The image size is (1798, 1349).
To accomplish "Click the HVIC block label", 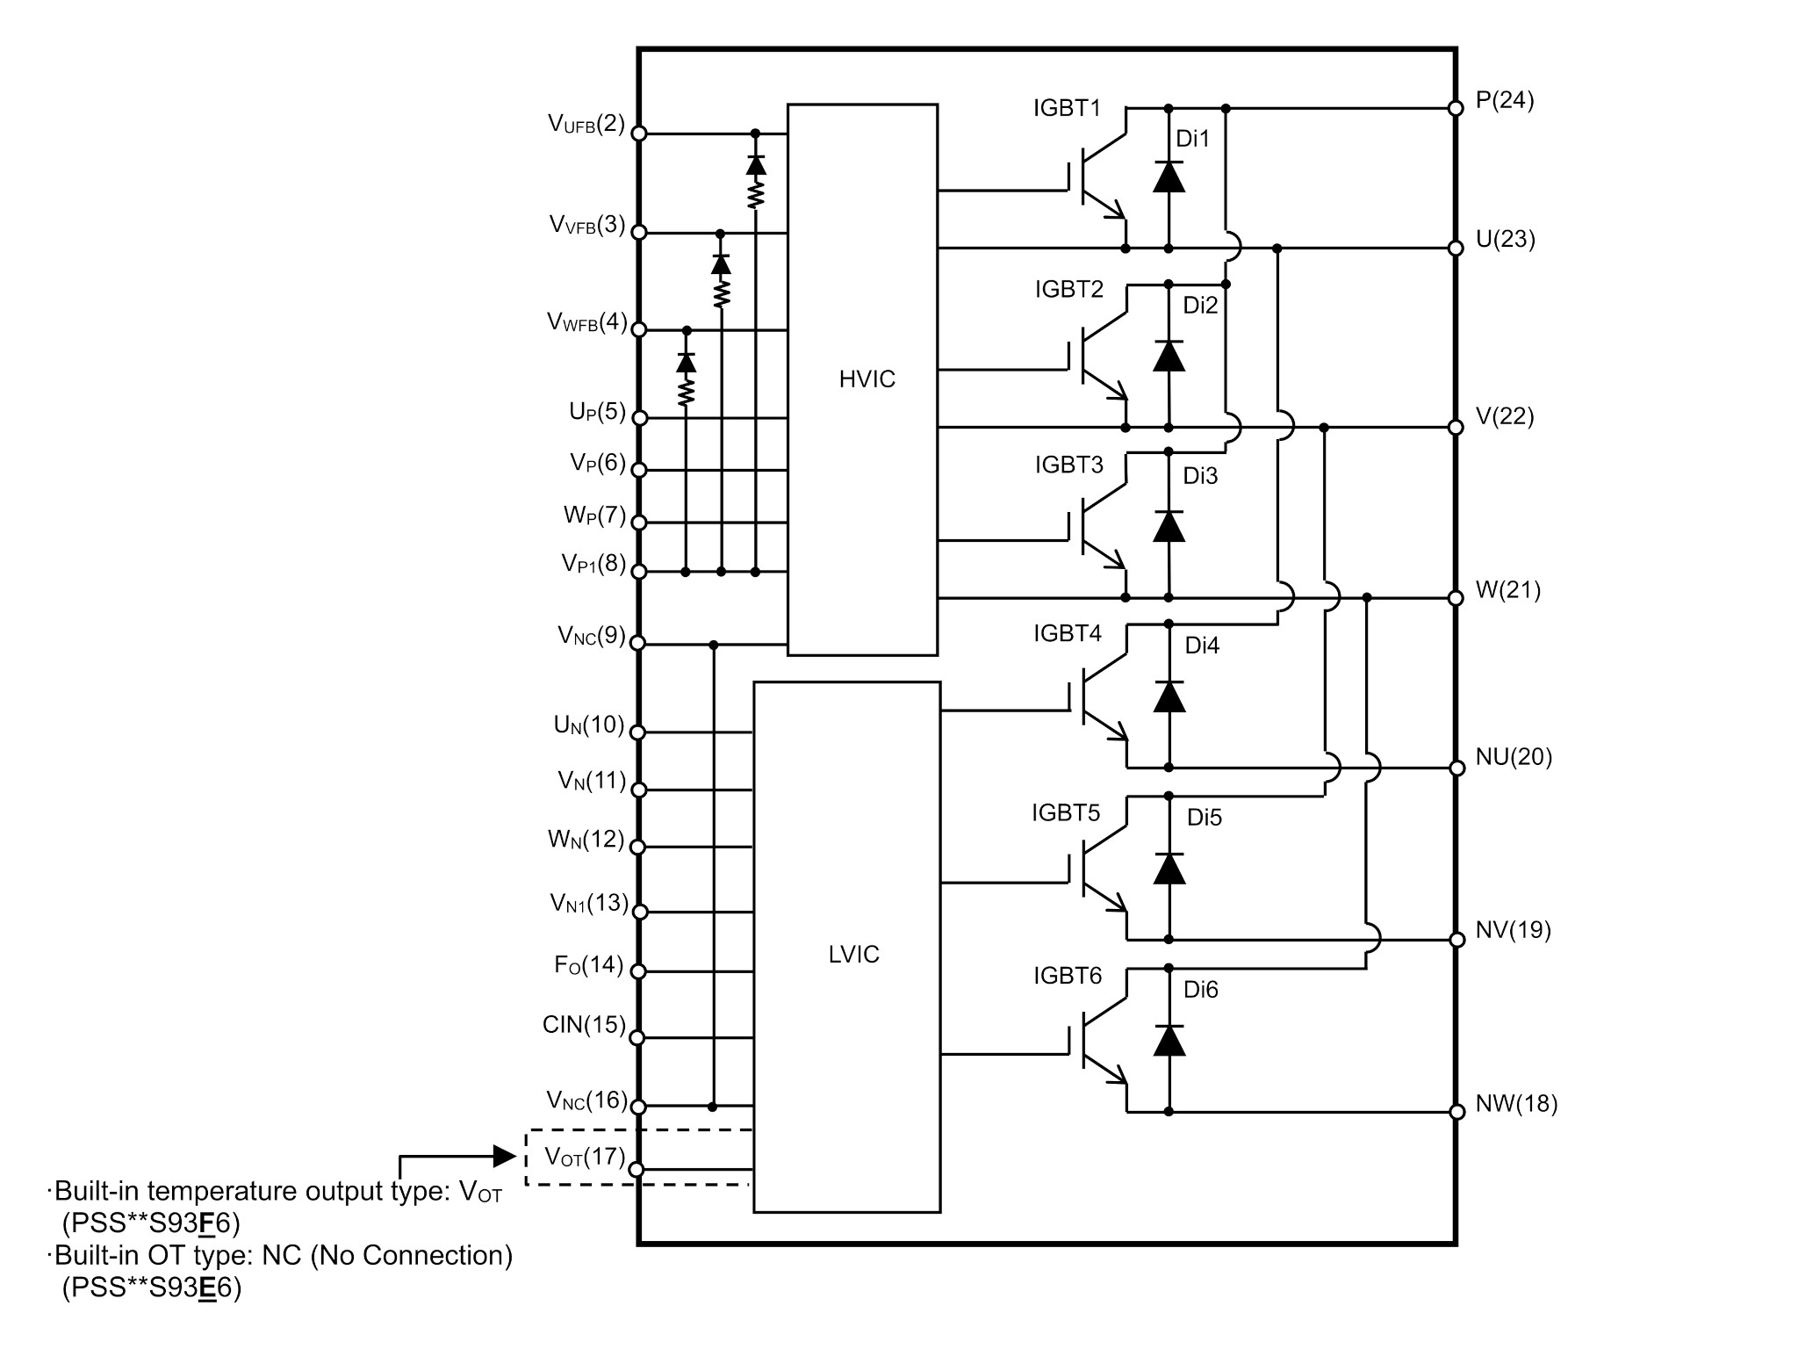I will (x=867, y=379).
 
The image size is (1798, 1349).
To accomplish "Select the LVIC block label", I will (x=853, y=955).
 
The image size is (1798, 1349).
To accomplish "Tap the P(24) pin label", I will (x=1505, y=101).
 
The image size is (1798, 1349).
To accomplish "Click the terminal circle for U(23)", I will (x=1456, y=249).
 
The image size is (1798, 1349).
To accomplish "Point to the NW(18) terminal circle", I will (x=1456, y=1112).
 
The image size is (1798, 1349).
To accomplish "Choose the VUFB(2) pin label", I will (x=586, y=124).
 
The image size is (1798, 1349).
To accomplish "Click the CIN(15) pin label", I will (x=584, y=1025).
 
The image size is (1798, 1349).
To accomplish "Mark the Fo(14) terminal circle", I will (x=639, y=971).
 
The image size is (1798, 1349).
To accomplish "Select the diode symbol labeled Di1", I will (x=1168, y=177).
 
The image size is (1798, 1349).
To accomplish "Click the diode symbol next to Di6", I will (x=1168, y=1041).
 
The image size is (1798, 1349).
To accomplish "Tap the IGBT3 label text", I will (x=1068, y=465).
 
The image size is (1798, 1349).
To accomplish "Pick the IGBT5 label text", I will (x=1066, y=812).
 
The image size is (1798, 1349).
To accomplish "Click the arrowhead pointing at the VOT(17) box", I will (x=504, y=1156).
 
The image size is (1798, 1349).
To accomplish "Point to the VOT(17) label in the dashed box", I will (x=585, y=1157).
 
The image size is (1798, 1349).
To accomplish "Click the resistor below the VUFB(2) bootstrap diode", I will (x=755, y=193).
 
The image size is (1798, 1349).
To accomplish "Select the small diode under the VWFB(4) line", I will (x=687, y=362).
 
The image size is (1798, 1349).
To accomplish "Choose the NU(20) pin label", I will (x=1514, y=757).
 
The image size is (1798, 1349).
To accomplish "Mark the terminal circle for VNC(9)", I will (x=638, y=644).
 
